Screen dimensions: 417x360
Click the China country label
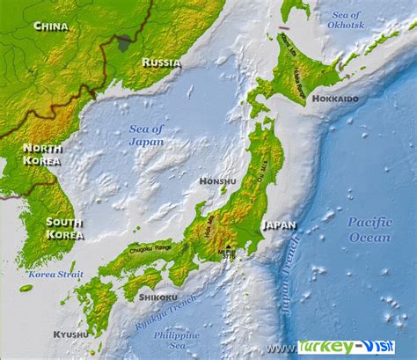pos(51,26)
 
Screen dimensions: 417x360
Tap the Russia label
pos(161,62)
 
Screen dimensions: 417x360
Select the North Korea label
pos(42,154)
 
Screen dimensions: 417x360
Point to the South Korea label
pos(64,227)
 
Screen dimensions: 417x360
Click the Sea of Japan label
pos(146,134)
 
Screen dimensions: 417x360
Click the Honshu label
pos(217,181)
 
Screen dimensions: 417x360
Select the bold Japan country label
pos(279,224)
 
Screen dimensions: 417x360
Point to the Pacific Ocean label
pos(369,229)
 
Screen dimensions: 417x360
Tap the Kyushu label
pos(70,334)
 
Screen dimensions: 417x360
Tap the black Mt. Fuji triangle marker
pos(228,247)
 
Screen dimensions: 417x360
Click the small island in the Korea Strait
pos(26,288)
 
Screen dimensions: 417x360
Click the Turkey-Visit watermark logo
pos(347,348)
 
